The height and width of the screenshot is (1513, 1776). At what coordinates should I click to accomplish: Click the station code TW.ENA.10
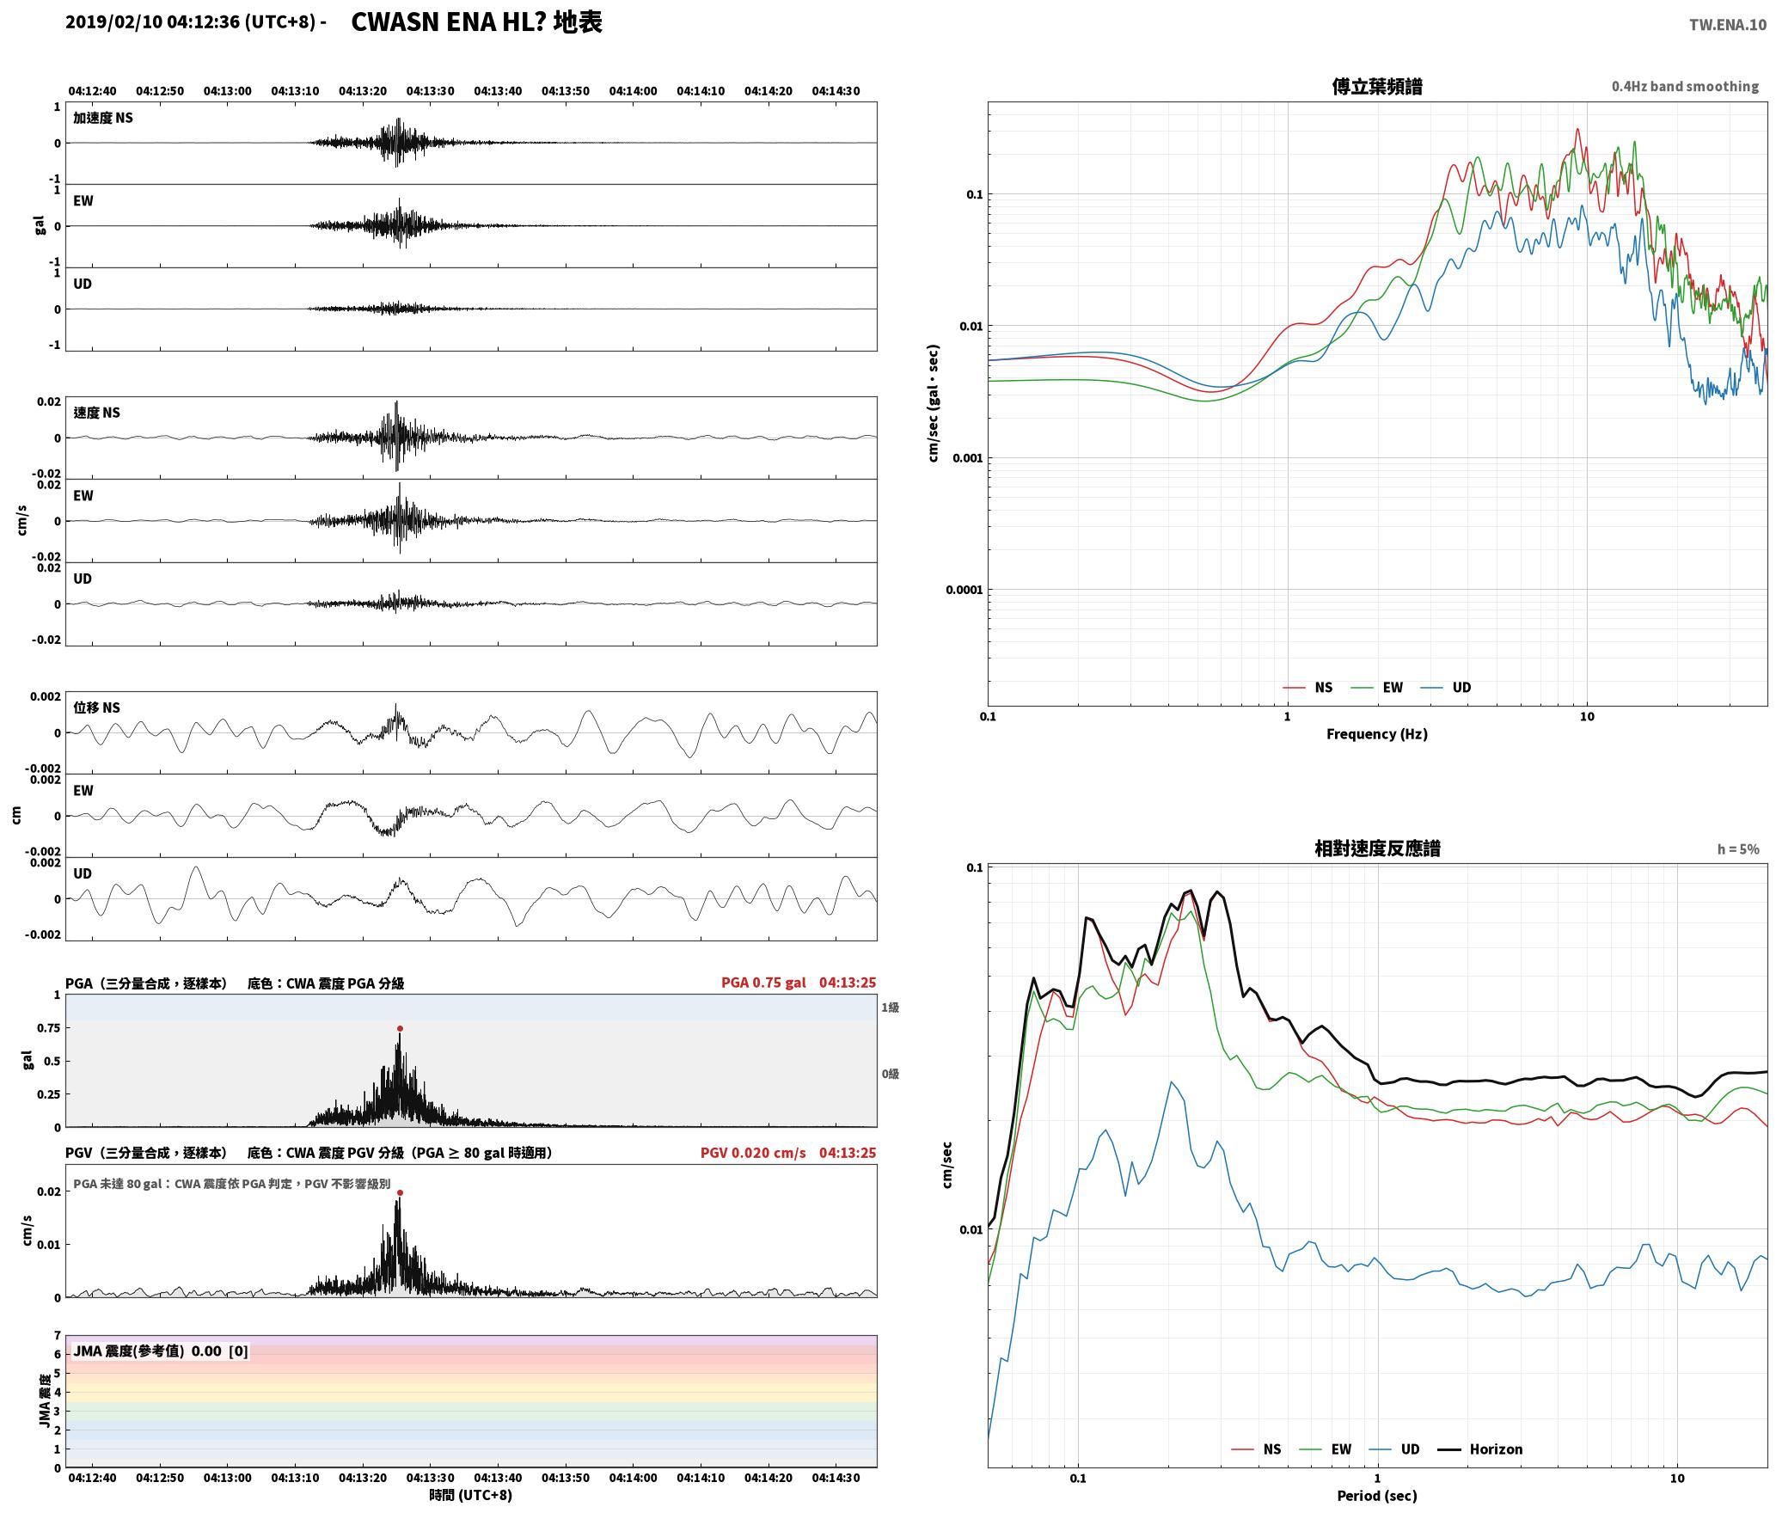1727,25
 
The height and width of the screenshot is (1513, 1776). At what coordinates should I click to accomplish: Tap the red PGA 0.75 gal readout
763,983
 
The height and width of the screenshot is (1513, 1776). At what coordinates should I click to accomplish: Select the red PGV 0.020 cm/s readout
753,1153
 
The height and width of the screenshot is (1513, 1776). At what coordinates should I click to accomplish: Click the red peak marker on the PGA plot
400,1028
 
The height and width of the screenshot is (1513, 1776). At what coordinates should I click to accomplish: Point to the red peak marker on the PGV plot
400,1192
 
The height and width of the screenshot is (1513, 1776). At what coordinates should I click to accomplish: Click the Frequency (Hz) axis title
1376,734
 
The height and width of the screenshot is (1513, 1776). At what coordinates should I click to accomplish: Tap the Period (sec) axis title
1376,1496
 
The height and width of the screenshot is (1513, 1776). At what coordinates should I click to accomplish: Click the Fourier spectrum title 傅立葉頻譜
1376,86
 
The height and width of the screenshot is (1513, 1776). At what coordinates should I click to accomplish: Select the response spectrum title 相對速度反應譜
1377,848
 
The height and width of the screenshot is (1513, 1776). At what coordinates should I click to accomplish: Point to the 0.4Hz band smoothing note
1685,87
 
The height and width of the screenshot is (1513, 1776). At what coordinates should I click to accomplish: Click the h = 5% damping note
1738,849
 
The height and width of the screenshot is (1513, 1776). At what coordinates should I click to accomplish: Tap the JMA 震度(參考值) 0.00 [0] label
161,1351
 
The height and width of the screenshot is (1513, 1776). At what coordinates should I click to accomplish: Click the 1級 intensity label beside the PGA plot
890,1008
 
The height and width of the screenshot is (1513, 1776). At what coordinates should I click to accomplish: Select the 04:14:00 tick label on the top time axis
633,91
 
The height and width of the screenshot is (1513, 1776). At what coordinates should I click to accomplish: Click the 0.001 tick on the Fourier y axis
967,458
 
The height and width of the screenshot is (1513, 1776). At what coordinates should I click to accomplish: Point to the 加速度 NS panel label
103,118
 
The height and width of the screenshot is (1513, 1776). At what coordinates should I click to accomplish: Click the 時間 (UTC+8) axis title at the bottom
471,1495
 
